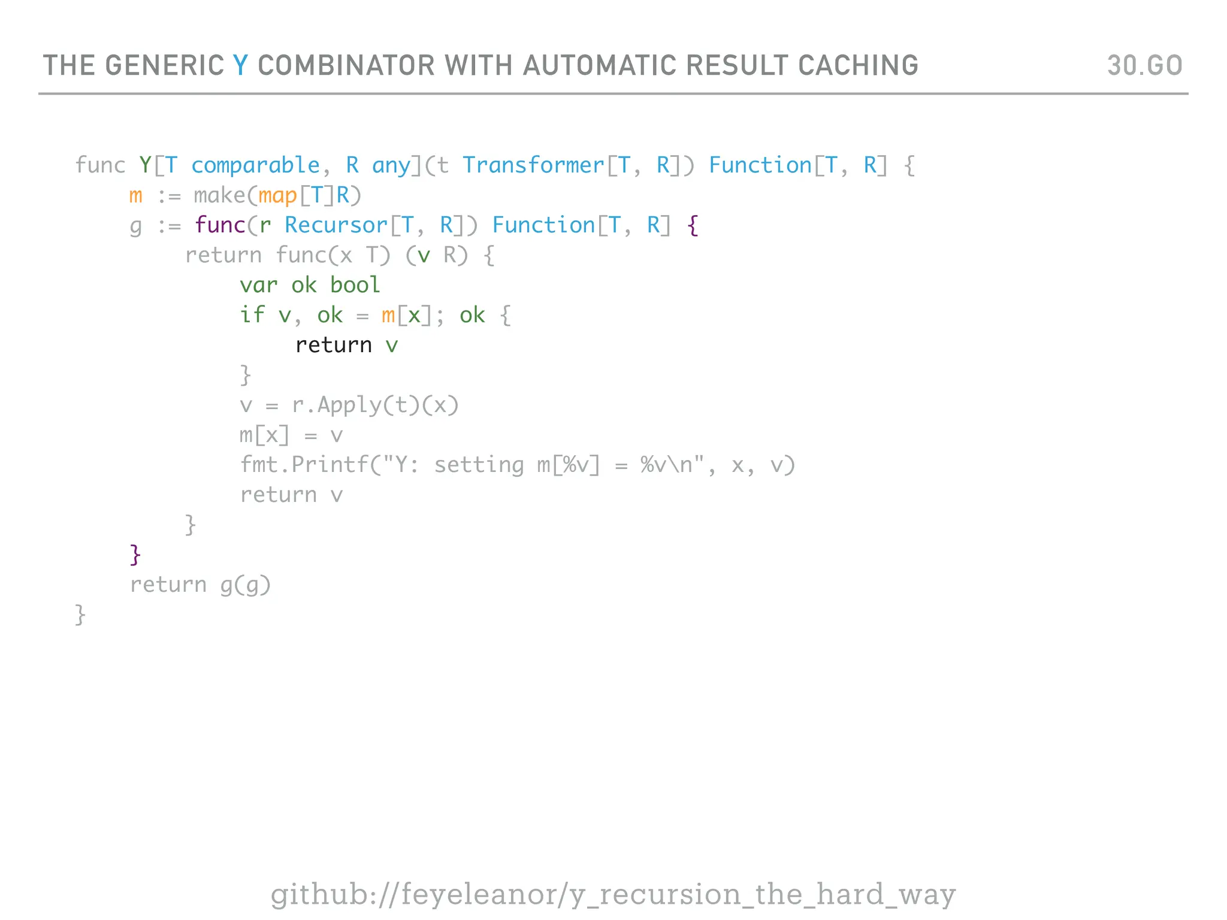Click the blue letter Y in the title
point(240,65)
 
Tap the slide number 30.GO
point(1144,65)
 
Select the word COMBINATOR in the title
point(346,65)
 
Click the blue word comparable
point(256,165)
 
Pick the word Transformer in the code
point(533,165)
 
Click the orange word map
point(278,196)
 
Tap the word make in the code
point(219,195)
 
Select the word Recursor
point(336,225)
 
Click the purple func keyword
point(220,225)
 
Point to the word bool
point(355,285)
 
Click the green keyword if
point(252,315)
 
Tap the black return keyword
point(334,345)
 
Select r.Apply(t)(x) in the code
point(375,405)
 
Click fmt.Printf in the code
point(304,465)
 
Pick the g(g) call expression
point(246,585)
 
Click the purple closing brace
point(135,555)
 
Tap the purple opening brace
point(693,226)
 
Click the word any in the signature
point(391,165)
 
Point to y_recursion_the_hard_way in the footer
point(761,895)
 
